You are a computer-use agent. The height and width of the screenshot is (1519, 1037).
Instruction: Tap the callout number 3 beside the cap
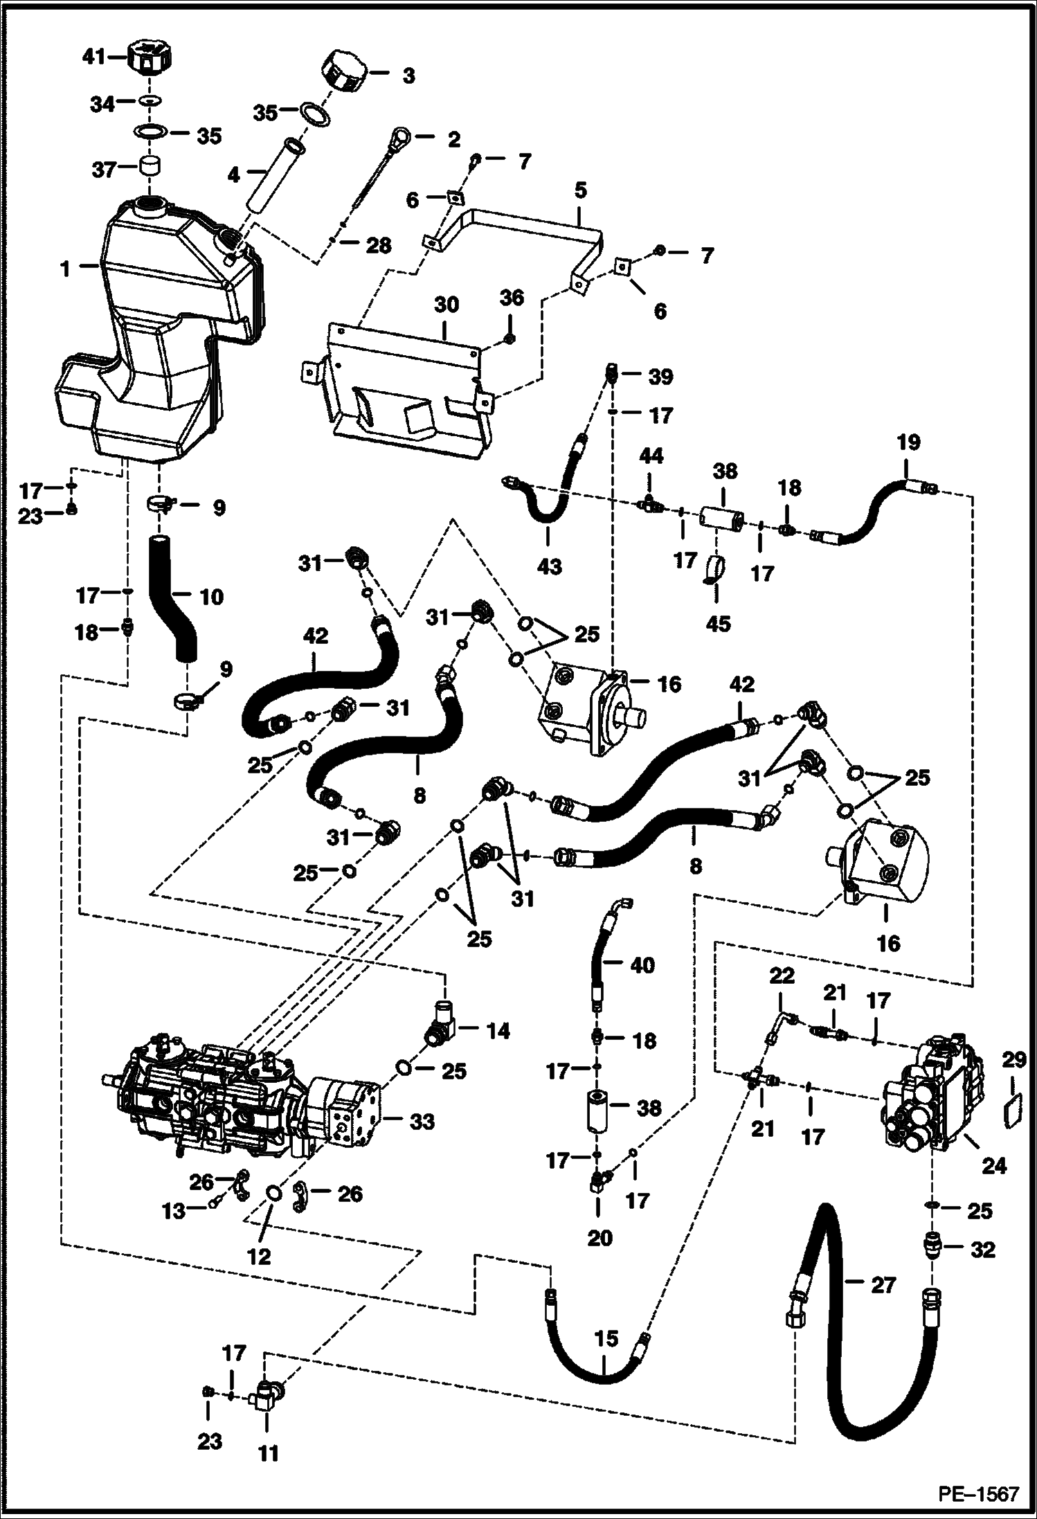(x=408, y=76)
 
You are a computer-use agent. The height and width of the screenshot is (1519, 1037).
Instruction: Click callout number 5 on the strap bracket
(x=580, y=189)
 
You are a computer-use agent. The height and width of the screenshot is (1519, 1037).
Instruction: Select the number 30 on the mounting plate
(x=447, y=305)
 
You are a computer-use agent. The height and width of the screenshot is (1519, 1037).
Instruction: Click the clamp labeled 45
(x=715, y=570)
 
